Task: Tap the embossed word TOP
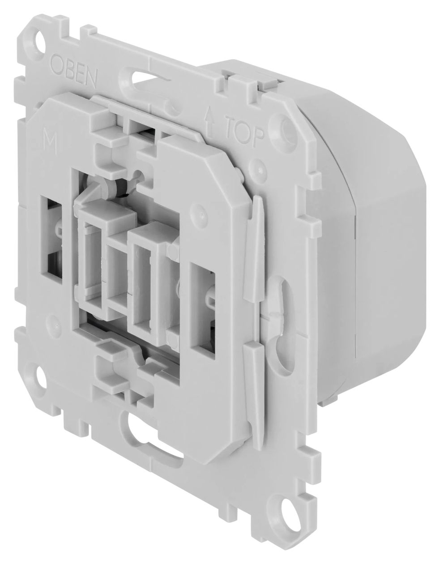(244, 131)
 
